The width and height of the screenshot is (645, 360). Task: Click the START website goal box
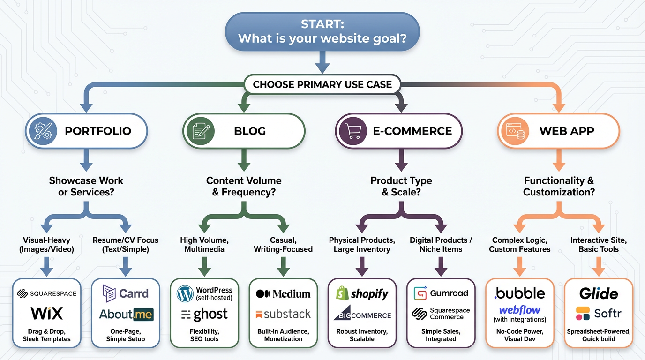coord(322,31)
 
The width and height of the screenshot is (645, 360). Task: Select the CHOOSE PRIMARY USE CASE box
coord(322,85)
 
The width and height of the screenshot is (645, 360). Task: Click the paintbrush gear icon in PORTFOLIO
coord(43,130)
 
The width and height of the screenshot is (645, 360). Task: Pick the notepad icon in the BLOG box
coord(200,130)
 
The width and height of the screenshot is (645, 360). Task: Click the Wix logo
coord(47,313)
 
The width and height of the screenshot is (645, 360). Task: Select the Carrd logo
coord(125,293)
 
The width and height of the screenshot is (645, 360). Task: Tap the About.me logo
coord(126,314)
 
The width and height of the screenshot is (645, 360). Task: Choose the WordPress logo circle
coord(185,294)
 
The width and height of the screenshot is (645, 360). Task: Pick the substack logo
coord(283,314)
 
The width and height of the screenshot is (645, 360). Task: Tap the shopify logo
coord(362,294)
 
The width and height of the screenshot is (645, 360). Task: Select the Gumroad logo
coord(441,293)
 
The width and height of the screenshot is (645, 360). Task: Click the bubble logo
coord(519,293)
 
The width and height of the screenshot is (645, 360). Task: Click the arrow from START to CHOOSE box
coord(322,61)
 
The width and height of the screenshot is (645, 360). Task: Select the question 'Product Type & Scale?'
coord(401,186)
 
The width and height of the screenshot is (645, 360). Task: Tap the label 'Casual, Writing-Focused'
coord(283,244)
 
